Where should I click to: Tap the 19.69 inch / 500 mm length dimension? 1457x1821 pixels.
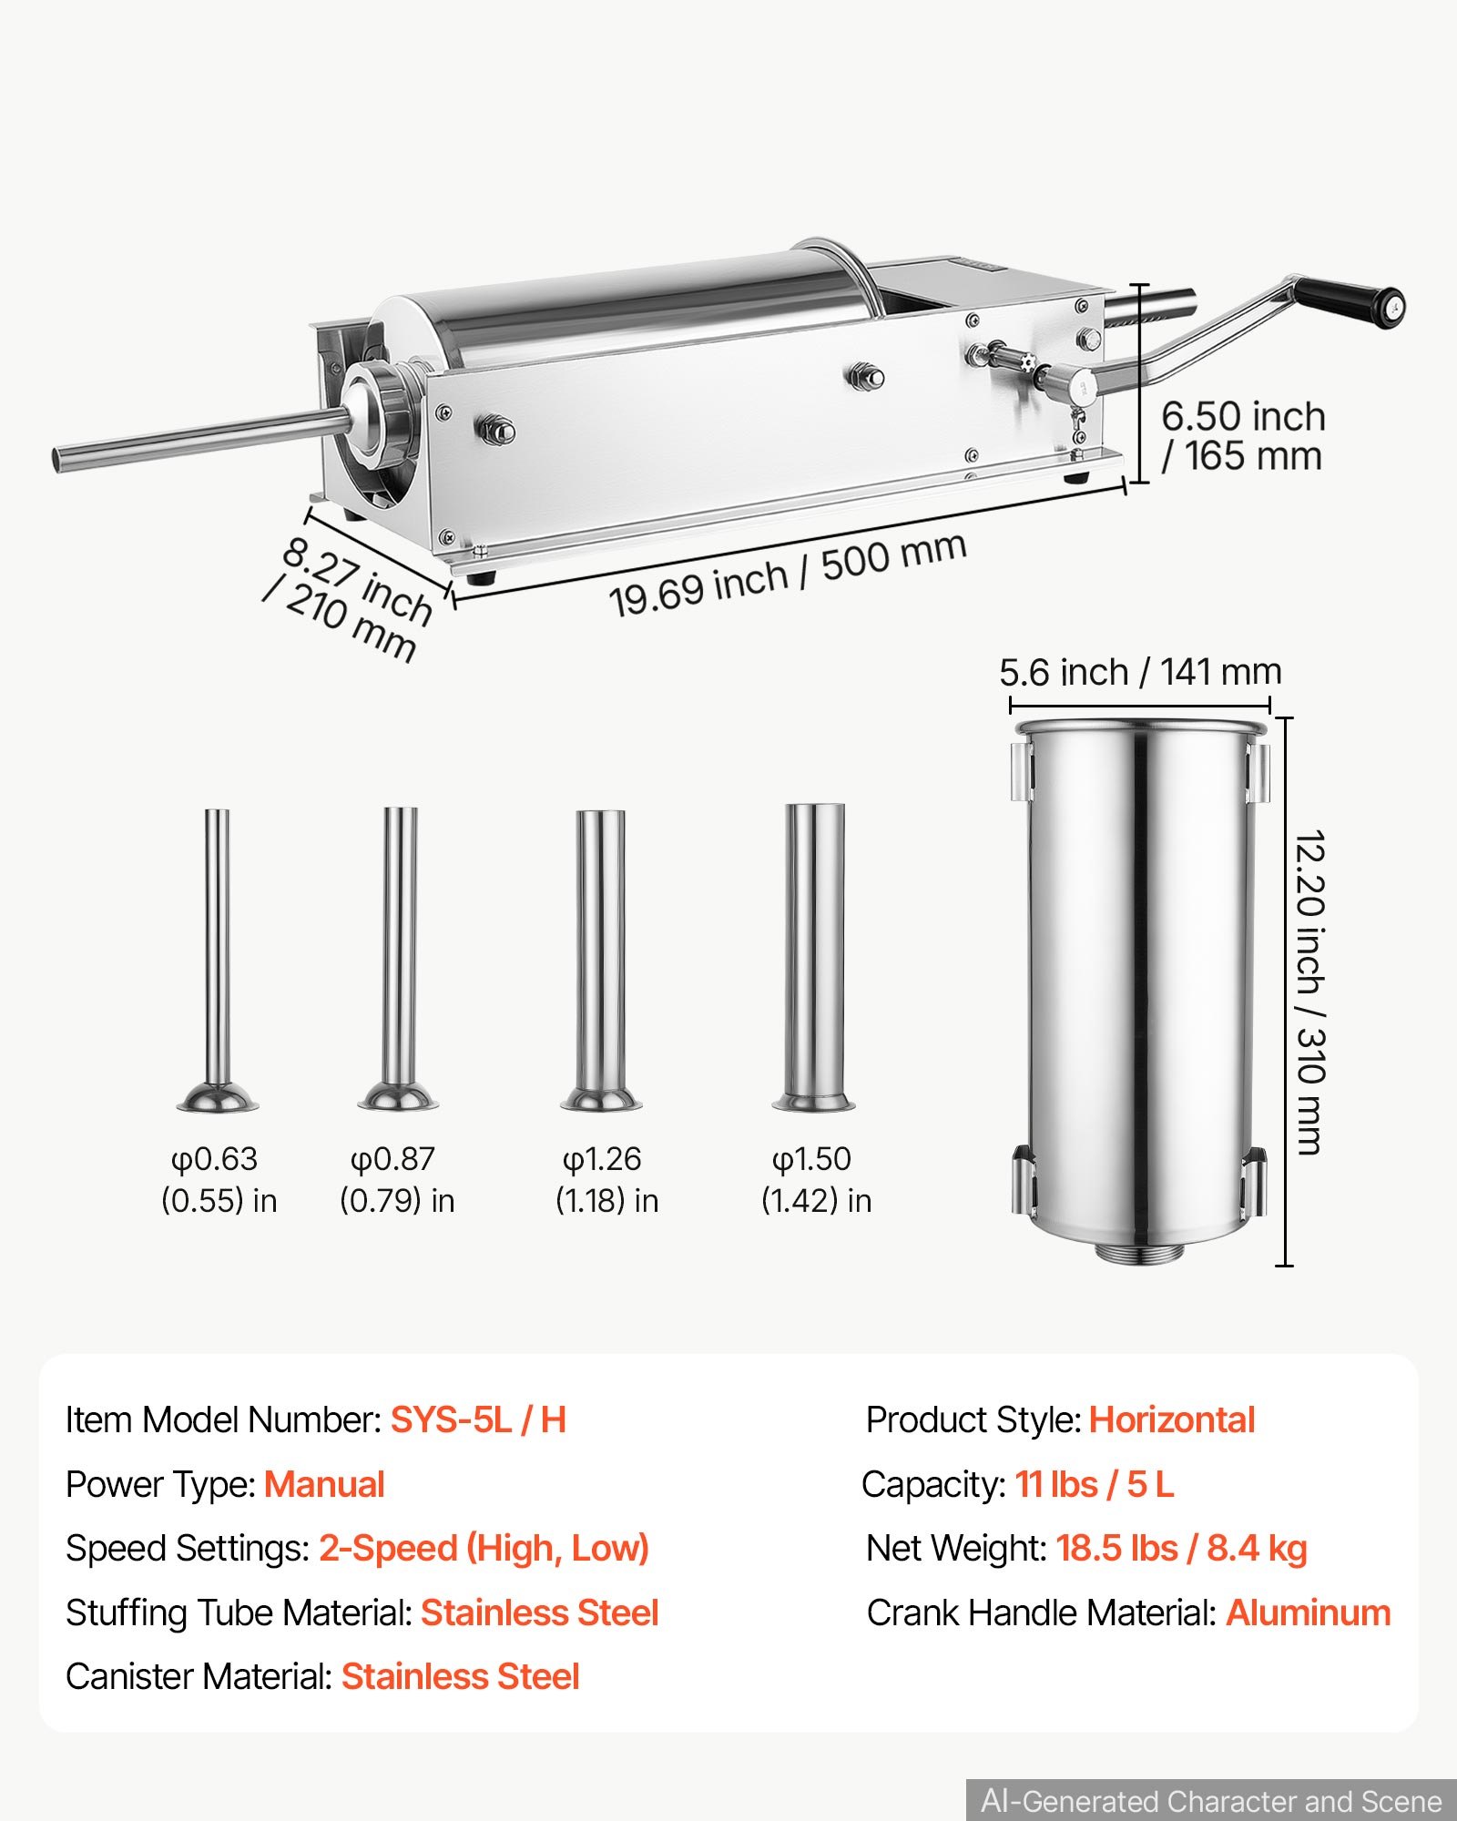[x=788, y=575]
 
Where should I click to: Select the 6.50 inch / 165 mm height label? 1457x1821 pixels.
[x=1243, y=436]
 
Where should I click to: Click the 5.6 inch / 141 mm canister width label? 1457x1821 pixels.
[x=1140, y=673]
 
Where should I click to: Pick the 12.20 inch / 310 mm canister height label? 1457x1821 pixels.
[x=1309, y=992]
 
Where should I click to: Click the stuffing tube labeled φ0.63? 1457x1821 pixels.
[x=217, y=961]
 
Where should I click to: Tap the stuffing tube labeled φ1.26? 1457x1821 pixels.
[x=601, y=961]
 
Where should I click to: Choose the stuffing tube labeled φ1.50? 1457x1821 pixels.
[x=815, y=957]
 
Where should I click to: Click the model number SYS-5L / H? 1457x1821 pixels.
[x=479, y=1420]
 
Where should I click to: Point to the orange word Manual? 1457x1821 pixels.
[x=324, y=1485]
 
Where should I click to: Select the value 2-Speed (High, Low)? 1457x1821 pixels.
[x=484, y=1549]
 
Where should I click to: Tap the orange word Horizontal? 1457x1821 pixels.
[x=1172, y=1420]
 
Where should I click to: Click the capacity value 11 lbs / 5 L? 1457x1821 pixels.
[x=1095, y=1485]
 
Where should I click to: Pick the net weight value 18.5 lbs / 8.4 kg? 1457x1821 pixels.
[x=1181, y=1549]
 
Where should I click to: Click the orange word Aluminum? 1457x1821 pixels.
[x=1309, y=1612]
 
